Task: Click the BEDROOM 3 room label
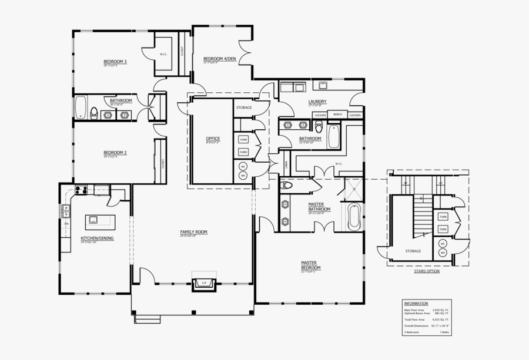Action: click(115, 62)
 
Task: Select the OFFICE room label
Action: click(212, 139)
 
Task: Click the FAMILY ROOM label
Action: click(193, 232)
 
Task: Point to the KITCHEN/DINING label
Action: click(97, 238)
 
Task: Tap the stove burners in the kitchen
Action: click(81, 190)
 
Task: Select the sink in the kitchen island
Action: click(93, 220)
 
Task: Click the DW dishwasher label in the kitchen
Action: click(66, 224)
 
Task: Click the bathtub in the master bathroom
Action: click(354, 217)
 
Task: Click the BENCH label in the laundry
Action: click(337, 115)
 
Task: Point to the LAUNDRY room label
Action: click(317, 101)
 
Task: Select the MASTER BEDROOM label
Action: click(309, 264)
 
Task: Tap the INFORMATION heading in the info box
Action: click(416, 303)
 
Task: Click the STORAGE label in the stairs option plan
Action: click(413, 251)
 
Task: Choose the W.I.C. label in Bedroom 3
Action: click(163, 55)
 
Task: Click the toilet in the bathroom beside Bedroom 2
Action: click(94, 112)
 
